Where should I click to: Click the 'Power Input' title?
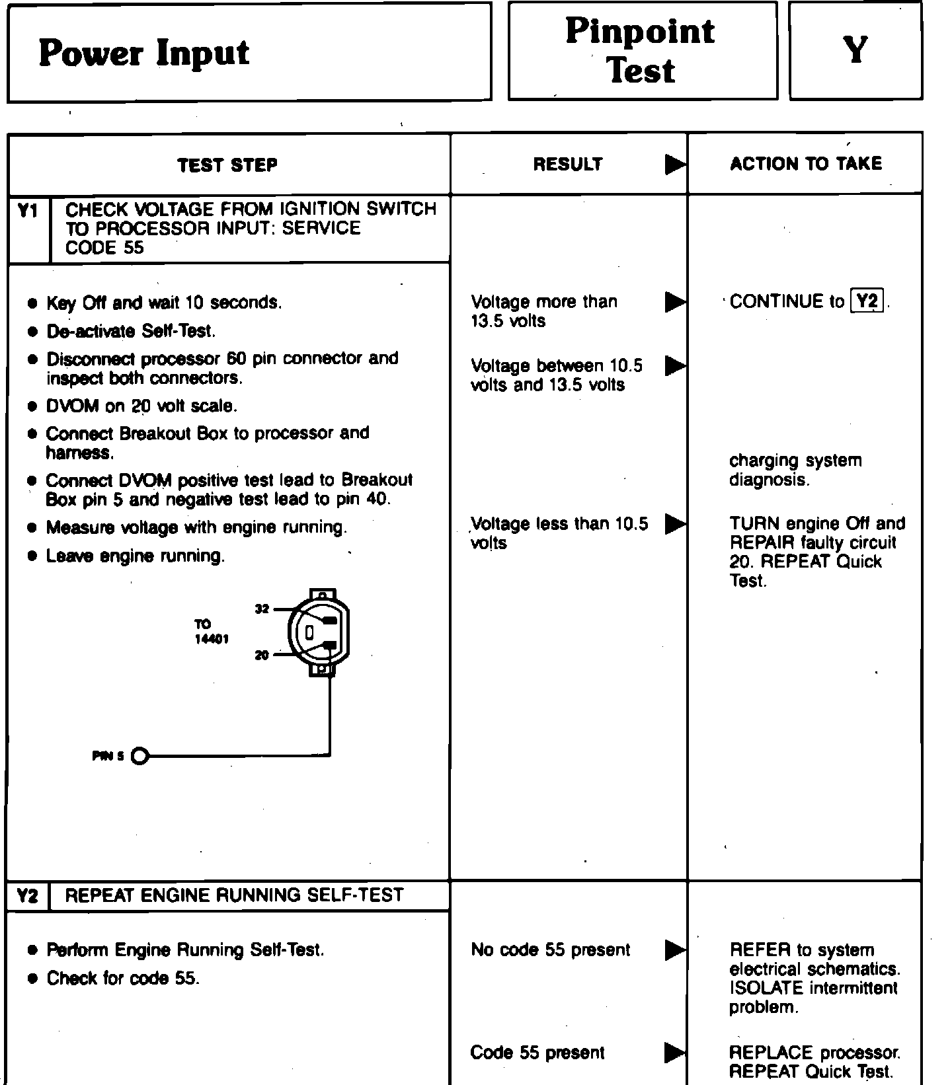pyautogui.click(x=143, y=53)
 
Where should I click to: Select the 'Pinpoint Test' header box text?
pyautogui.click(x=640, y=51)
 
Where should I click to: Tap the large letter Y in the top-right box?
pyautogui.click(x=855, y=50)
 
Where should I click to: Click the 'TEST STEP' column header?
pyautogui.click(x=227, y=165)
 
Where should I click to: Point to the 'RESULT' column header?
pyautogui.click(x=568, y=164)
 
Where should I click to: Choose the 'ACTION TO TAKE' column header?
pyautogui.click(x=806, y=164)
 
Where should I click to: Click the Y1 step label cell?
pyautogui.click(x=28, y=211)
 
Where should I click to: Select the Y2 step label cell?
pyautogui.click(x=28, y=896)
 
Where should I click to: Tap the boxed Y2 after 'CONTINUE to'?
pyautogui.click(x=867, y=301)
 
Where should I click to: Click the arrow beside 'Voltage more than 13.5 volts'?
pyautogui.click(x=674, y=302)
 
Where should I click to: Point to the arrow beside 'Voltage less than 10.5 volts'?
pyautogui.click(x=674, y=524)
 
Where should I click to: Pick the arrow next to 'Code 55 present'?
pyautogui.click(x=674, y=1052)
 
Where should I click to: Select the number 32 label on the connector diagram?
pyautogui.click(x=262, y=609)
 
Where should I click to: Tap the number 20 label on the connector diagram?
pyautogui.click(x=262, y=655)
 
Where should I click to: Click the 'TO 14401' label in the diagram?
pyautogui.click(x=211, y=632)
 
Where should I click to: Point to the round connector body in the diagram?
pyautogui.click(x=317, y=632)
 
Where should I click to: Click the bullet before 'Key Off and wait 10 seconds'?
pyautogui.click(x=32, y=303)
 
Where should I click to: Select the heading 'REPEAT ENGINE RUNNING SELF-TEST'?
pyautogui.click(x=234, y=895)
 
